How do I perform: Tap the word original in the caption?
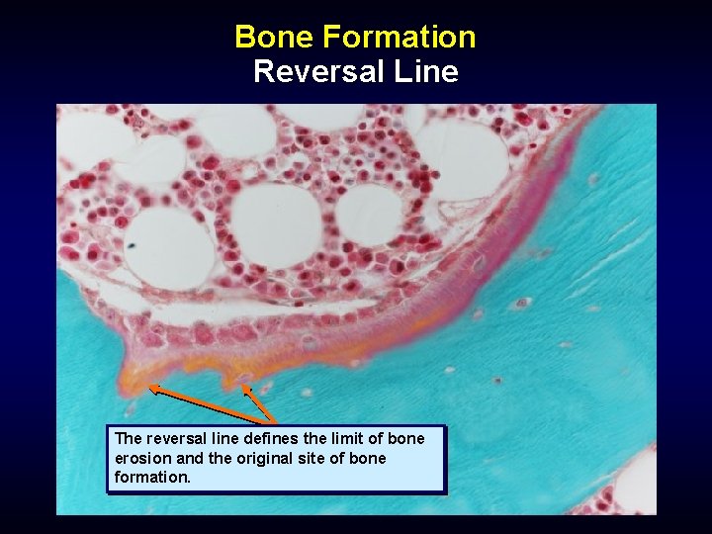pos(256,459)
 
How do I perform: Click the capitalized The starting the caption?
pos(129,438)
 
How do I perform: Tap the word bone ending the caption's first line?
pos(406,438)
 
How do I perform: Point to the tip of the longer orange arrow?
pos(149,388)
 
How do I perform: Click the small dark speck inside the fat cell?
pos(133,242)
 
